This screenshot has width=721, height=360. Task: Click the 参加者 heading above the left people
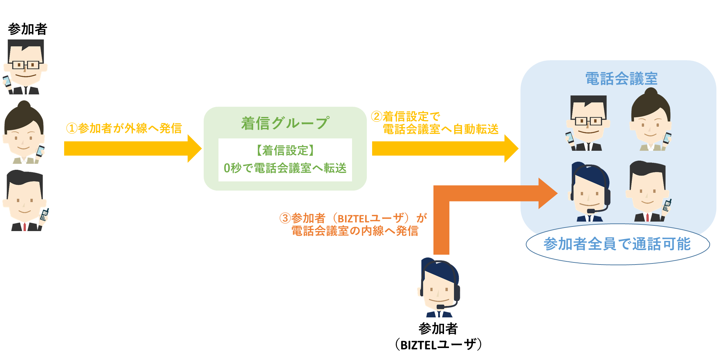click(27, 29)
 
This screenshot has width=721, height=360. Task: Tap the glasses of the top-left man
click(25, 65)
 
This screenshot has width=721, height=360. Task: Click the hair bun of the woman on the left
click(24, 105)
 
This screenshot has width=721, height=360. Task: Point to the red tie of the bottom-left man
click(25, 226)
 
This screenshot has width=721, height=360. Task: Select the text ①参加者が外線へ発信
click(124, 128)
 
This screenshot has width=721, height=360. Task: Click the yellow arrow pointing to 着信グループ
click(132, 148)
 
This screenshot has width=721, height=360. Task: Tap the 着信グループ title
click(285, 123)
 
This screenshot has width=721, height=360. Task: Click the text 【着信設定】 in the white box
click(285, 151)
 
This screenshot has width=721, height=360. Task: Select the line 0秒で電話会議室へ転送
click(285, 168)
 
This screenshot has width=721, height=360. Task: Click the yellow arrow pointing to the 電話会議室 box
click(444, 148)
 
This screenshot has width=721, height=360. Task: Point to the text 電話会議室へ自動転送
click(440, 129)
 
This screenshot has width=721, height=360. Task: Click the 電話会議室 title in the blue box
click(621, 79)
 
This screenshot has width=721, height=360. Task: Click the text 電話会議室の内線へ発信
click(355, 231)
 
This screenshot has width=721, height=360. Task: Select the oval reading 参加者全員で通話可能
click(617, 244)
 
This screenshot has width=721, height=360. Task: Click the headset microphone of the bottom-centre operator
click(440, 306)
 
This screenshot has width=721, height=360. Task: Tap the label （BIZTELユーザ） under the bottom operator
click(438, 345)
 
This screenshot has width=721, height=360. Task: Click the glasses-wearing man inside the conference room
click(588, 123)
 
